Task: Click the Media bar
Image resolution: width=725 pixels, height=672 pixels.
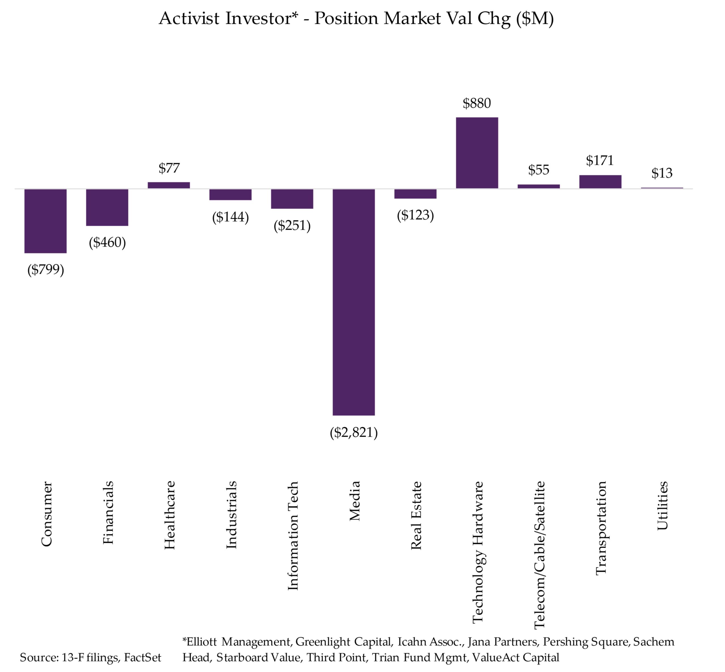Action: (x=353, y=302)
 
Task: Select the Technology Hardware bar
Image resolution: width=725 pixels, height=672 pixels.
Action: (x=477, y=153)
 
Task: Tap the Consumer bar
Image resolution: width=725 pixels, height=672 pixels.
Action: (x=45, y=221)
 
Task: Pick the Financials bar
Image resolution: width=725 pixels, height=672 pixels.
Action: (x=107, y=207)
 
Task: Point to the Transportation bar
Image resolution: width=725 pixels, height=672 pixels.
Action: (x=600, y=182)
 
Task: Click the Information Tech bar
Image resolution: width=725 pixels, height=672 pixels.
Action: (x=292, y=199)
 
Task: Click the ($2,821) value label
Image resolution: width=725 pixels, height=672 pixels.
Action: (x=353, y=432)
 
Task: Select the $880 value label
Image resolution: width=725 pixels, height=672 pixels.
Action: (x=477, y=103)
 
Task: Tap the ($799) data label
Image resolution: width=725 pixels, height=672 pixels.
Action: (x=45, y=270)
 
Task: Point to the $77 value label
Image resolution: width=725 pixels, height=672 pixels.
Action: (x=169, y=168)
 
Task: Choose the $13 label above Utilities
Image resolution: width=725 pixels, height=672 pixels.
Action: (x=662, y=173)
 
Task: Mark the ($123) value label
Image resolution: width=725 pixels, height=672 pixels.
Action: (x=415, y=215)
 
